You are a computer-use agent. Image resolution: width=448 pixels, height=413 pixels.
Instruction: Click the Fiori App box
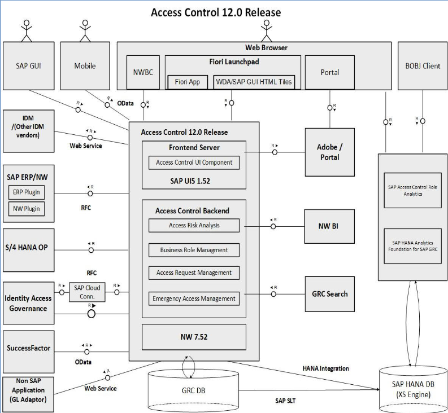tap(187, 82)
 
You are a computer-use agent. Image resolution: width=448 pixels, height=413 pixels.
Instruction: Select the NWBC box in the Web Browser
tap(140, 72)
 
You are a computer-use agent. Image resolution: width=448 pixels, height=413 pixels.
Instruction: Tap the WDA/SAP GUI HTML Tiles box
tap(254, 82)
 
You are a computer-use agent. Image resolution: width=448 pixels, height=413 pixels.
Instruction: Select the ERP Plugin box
tap(27, 192)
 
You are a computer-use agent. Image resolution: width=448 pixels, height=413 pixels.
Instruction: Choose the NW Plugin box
tap(27, 209)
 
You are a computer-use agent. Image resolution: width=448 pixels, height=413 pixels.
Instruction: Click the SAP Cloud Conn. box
tap(87, 292)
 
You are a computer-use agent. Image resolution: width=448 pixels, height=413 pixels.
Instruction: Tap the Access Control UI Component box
tap(194, 162)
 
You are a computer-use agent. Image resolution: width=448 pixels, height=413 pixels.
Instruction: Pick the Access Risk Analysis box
tap(194, 225)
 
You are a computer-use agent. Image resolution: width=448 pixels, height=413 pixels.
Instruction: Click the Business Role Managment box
tap(194, 249)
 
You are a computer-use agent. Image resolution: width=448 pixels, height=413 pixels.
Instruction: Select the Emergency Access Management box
tap(194, 298)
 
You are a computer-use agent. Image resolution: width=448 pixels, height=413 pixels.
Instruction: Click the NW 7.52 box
tap(194, 337)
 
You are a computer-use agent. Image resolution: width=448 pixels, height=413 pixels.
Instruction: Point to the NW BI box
tap(330, 226)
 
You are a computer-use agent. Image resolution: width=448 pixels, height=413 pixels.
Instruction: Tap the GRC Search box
tap(330, 293)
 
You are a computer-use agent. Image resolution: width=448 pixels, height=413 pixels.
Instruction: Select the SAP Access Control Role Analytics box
tap(412, 191)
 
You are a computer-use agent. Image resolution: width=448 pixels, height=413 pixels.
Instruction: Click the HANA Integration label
tap(325, 368)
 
